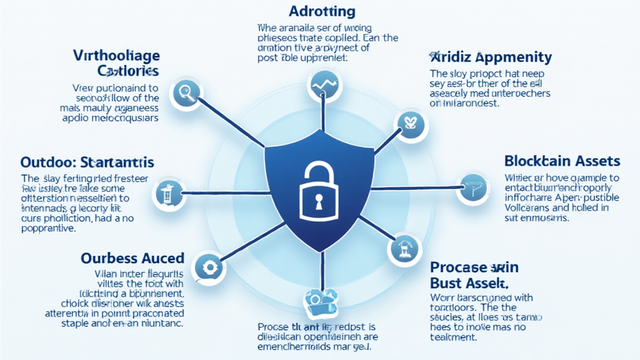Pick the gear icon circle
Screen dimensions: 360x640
(208, 266)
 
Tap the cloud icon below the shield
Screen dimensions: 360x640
(320, 302)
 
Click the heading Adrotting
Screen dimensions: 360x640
(322, 11)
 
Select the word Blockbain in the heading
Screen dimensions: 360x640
(532, 161)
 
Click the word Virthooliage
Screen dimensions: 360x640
(116, 54)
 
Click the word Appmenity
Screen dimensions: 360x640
(514, 58)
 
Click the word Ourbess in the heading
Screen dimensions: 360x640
(108, 257)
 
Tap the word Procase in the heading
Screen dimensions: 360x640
(460, 267)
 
